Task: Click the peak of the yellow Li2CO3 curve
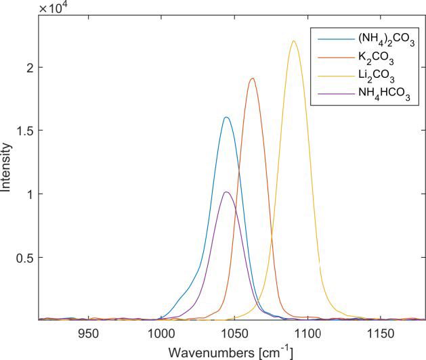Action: coord(293,41)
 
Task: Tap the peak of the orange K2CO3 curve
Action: coord(253,78)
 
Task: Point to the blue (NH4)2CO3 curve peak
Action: coord(226,118)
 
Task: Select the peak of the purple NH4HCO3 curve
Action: coord(226,192)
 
